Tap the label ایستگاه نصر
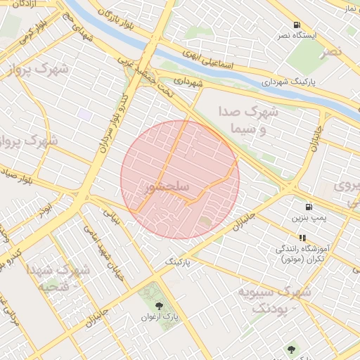tap(314, 34)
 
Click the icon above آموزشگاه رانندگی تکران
tap(302, 238)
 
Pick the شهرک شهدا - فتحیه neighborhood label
tap(59, 278)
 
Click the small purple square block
tap(85, 114)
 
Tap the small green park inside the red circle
tap(205, 222)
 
